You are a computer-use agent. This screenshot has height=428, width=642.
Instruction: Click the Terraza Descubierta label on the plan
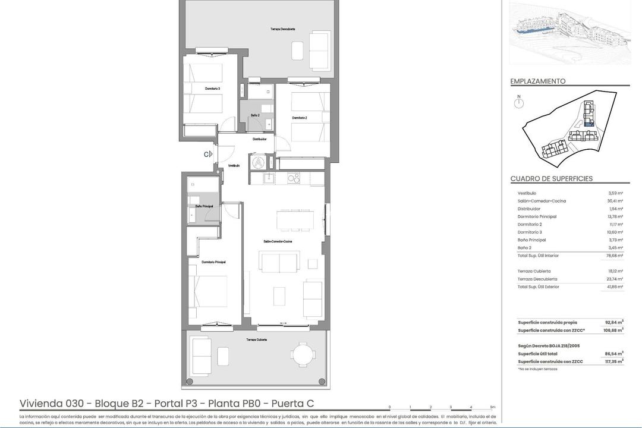pos(283,29)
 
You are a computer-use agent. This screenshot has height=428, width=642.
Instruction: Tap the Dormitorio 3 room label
pos(212,89)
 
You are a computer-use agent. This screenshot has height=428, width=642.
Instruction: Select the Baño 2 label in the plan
pos(254,115)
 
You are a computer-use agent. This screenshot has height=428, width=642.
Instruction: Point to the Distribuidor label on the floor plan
pos(259,139)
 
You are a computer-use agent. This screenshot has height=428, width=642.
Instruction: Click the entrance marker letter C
pos(206,154)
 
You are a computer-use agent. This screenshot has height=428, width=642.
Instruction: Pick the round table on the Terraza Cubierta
pos(304,357)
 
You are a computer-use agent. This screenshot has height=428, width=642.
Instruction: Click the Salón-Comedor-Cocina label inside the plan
pos(278,241)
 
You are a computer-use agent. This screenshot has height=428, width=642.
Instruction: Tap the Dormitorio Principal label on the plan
pos(213,262)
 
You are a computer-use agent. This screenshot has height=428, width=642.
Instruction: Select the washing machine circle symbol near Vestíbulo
pos(259,161)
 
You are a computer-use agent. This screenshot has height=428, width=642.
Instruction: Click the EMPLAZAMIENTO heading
pos(538,81)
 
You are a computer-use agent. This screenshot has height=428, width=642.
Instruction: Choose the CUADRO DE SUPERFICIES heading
pos(551,179)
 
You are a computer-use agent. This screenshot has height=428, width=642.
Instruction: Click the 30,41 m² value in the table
pos(615,201)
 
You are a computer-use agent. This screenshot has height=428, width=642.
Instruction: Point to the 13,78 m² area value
pos(615,217)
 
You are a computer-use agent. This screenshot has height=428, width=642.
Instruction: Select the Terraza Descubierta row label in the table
pos(537,279)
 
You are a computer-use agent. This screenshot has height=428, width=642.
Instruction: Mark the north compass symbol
pos(519,103)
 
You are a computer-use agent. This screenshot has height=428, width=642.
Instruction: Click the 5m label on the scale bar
pos(492,407)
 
